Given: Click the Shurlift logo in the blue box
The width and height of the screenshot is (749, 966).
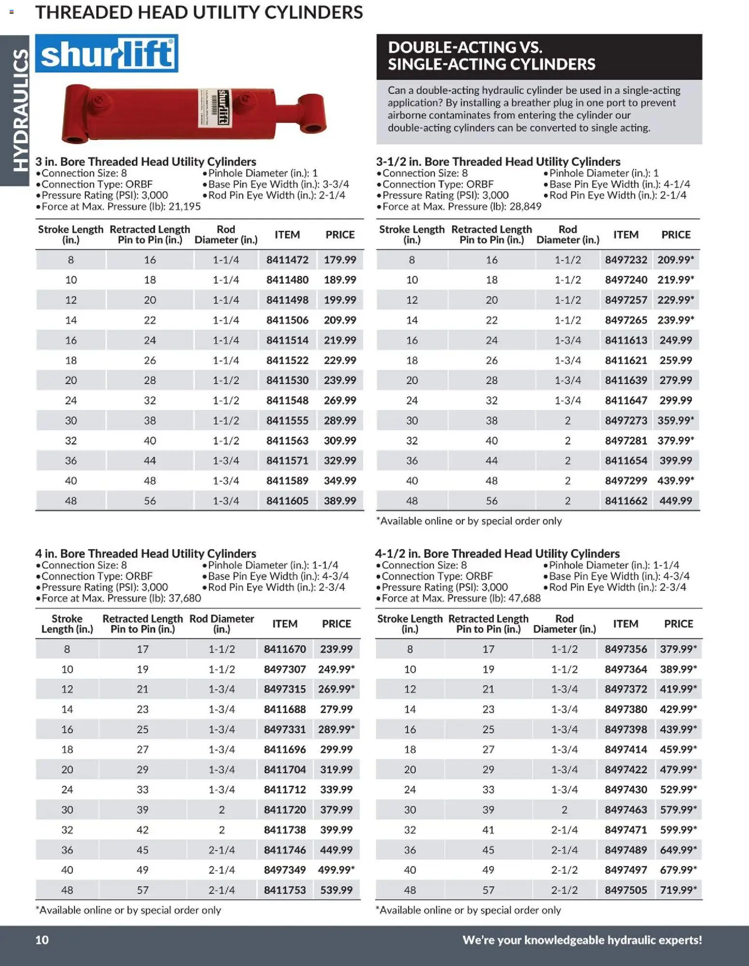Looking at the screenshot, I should pos(107,54).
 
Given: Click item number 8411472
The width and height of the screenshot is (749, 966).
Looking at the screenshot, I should pos(287,260).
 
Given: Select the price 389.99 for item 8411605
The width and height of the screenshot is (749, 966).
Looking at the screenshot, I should pos(340,501).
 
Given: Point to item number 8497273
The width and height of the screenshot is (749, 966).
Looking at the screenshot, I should pos(626,421).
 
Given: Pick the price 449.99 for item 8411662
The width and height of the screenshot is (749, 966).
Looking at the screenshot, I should pos(676,501).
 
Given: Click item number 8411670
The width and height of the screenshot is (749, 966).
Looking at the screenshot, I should pos(285,649).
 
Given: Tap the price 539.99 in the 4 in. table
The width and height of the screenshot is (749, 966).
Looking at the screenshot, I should pos(336,890).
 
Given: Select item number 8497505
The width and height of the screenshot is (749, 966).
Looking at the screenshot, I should pos(626,890).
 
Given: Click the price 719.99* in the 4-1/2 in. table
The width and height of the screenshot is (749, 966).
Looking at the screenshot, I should pos(678,890).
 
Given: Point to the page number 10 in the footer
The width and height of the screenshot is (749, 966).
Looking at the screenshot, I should pos(42,940).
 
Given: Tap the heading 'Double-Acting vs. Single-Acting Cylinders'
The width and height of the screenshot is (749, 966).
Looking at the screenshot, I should pos(491,56).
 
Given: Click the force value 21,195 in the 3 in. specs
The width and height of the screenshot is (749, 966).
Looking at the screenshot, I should pos(185,207).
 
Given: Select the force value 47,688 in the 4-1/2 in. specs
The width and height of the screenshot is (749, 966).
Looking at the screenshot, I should pos(525,599).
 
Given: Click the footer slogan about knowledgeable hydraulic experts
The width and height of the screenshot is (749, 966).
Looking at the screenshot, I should pos(582,940).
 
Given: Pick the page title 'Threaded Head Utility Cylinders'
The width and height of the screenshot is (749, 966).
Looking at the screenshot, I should pos(199,13).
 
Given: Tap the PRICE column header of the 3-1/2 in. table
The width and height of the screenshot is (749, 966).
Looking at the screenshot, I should pos(676,235).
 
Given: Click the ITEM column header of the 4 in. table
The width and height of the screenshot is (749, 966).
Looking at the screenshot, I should pos(285,624).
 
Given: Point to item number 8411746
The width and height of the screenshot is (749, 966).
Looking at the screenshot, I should pos(285,850).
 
